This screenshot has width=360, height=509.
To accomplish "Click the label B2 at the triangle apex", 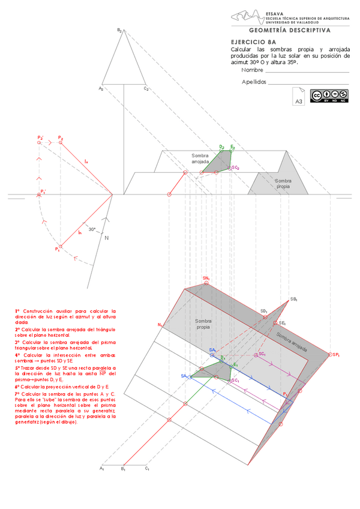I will [x=119, y=30].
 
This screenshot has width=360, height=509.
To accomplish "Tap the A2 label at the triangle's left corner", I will [x=101, y=88].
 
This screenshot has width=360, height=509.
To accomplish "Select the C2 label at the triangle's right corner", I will [x=146, y=88].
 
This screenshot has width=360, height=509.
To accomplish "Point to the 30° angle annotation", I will [x=92, y=229].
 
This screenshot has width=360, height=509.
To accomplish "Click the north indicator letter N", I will [x=107, y=238].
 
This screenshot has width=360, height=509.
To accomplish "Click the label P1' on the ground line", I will [x=43, y=191].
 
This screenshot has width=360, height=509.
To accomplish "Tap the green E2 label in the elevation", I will [x=233, y=146].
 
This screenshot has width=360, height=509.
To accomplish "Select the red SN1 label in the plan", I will [x=206, y=279].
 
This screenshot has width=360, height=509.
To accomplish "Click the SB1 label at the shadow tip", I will [x=294, y=299].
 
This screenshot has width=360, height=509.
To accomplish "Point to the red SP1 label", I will [x=335, y=355].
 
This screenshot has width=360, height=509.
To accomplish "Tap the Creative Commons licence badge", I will [x=329, y=95].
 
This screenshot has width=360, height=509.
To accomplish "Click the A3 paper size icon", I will [x=299, y=97].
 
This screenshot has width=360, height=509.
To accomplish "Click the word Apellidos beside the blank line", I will [x=254, y=82].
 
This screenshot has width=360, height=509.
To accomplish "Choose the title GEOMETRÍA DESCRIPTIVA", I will [x=289, y=29].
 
